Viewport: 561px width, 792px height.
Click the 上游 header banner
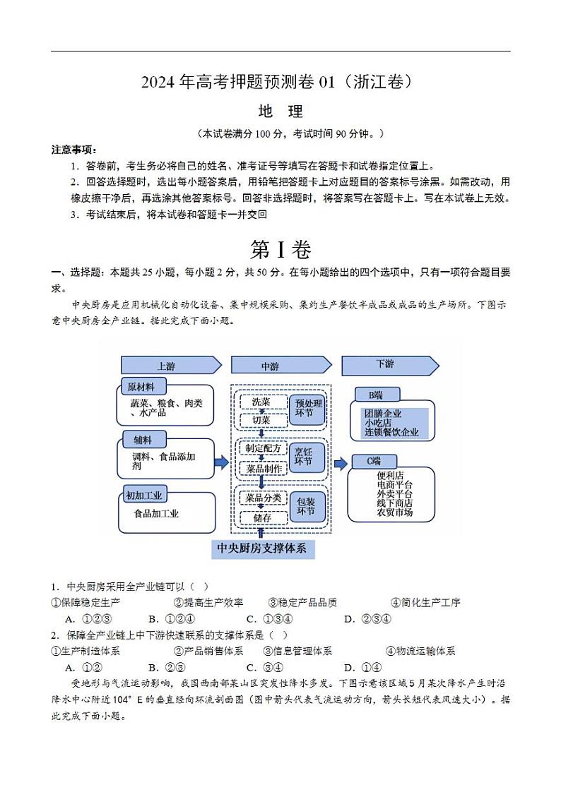(166, 366)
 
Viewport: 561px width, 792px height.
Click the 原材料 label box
(143, 387)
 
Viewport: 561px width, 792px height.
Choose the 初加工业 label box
(144, 494)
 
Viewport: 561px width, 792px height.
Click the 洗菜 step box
(261, 402)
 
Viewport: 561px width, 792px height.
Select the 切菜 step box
(261, 420)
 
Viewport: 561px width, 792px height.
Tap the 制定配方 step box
(263, 448)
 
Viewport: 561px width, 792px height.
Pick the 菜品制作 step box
(263, 468)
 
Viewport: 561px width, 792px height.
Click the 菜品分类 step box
(263, 498)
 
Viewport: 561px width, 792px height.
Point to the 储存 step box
(262, 517)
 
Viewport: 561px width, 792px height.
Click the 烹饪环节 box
(305, 457)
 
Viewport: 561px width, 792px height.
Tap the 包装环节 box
(306, 506)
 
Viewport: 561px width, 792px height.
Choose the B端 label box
(374, 394)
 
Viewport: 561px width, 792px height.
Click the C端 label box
(374, 461)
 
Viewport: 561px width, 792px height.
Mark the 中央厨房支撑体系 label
(261, 548)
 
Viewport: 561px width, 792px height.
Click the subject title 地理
(280, 112)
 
